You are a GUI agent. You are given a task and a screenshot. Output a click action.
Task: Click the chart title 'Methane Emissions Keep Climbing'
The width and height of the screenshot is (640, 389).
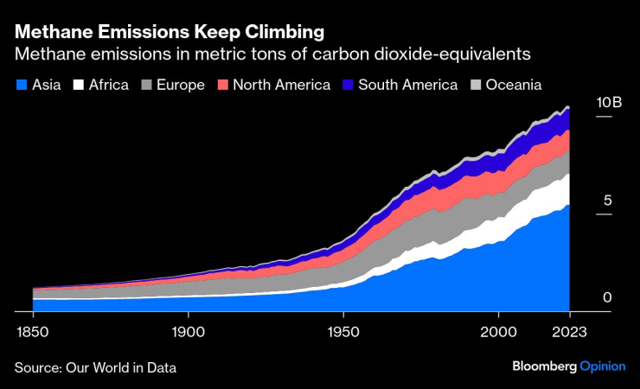170,32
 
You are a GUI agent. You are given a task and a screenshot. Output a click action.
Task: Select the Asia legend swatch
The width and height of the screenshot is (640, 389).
20,85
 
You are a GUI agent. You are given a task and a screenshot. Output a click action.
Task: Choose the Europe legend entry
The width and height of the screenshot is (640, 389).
174,85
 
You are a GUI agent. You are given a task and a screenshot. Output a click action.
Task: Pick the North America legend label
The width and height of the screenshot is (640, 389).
282,85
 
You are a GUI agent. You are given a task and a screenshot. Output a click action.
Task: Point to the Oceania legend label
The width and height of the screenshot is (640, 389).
514,85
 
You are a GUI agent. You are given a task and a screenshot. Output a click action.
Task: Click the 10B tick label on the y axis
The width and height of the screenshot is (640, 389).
609,102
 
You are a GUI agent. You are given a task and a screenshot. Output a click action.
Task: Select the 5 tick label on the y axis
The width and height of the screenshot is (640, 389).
607,200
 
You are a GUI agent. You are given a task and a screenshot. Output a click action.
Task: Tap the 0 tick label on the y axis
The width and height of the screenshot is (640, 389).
607,297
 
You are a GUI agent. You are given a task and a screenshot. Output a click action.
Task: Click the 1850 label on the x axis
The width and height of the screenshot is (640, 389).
32,331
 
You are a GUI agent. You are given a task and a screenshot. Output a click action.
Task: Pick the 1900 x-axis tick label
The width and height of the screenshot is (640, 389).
188,331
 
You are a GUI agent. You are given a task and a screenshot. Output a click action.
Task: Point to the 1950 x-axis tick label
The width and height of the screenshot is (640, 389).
343,331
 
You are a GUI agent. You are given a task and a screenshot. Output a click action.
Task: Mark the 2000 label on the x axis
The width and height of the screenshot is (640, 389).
499,331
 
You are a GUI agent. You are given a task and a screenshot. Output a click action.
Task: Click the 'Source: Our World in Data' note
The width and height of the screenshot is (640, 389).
95,367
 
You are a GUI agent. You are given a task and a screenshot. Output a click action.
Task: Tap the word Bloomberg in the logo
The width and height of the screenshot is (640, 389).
542,367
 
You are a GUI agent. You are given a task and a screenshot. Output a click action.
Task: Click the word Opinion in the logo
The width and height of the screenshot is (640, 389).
603,367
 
